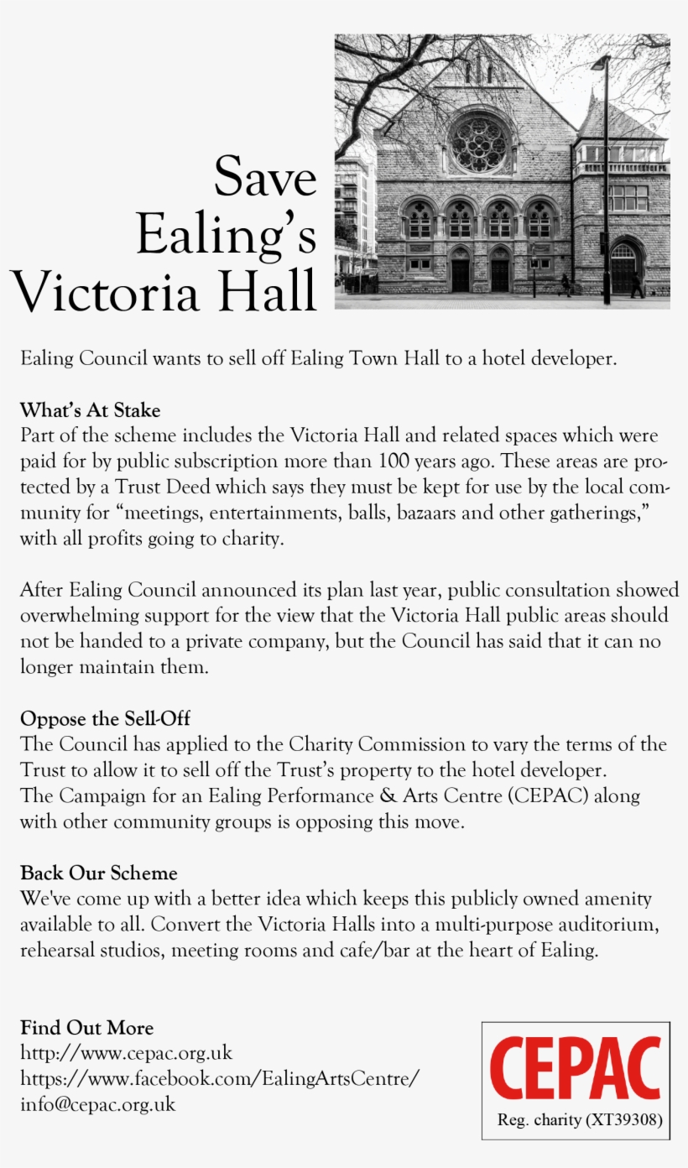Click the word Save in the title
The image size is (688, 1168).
[x=265, y=178]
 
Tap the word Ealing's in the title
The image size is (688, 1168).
[x=227, y=235]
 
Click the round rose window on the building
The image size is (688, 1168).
[x=481, y=143]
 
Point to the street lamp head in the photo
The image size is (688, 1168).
[x=600, y=64]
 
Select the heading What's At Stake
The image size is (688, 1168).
[x=90, y=410]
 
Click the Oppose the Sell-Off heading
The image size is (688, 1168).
[x=105, y=719]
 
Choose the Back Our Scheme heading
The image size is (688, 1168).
[x=98, y=873]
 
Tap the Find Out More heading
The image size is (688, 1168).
[x=86, y=1028]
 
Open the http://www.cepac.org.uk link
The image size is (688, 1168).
[x=126, y=1053]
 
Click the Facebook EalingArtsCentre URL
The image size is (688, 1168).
[x=219, y=1078]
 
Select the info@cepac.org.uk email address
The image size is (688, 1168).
[x=97, y=1104]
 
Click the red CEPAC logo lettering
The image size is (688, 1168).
[x=575, y=1069]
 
